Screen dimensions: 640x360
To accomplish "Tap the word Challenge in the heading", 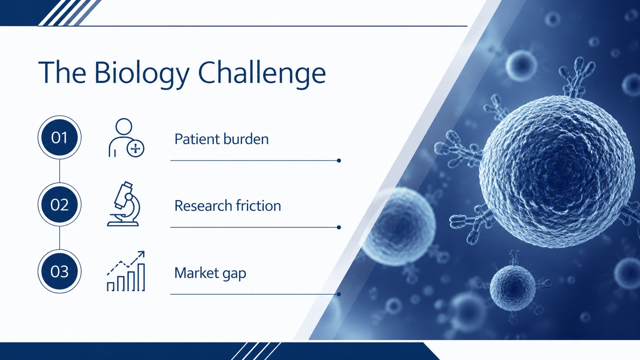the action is click(262, 73).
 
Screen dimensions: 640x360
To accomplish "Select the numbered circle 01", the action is click(59, 137).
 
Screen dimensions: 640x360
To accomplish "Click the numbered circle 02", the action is click(59, 204).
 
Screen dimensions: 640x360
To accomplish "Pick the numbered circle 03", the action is click(59, 271).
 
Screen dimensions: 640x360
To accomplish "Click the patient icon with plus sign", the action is click(126, 138).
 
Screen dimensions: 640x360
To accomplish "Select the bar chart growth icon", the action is click(126, 271).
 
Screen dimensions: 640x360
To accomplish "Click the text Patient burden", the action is click(221, 139).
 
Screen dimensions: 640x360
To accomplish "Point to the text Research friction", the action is click(228, 205).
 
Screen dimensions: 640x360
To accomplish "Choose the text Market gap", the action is click(210, 273).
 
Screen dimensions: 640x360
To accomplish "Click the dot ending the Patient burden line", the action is click(339, 160).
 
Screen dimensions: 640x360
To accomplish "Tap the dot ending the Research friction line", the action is click(339, 227).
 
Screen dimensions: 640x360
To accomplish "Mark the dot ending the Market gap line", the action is click(339, 294).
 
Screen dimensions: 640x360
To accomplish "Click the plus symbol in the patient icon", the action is click(136, 148).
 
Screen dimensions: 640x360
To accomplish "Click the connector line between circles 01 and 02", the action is click(59, 171).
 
